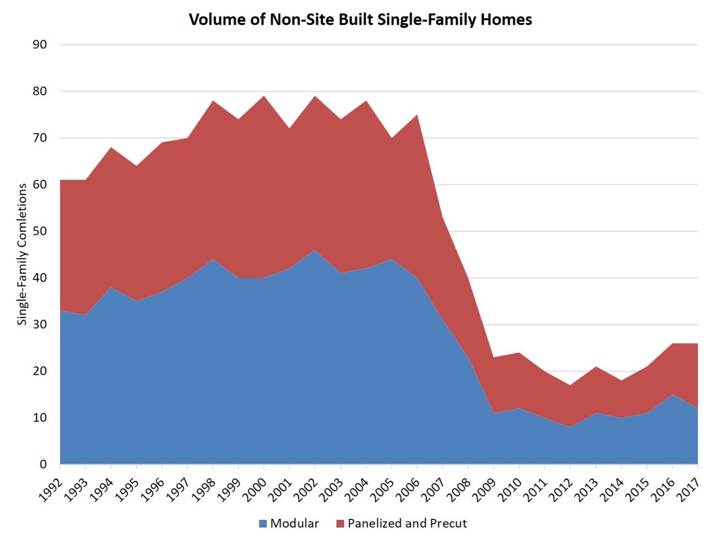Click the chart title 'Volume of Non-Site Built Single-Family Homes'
360,20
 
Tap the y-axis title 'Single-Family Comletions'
22,254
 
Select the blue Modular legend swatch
263,523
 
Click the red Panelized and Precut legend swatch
340,523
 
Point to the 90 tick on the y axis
40,45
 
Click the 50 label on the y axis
40,231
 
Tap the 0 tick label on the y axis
43,464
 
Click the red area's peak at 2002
315,96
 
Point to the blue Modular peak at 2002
315,250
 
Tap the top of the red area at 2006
417,115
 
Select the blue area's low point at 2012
570,427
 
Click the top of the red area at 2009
494,357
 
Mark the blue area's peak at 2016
672,394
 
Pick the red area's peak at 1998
213,100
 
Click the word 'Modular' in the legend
295,523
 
